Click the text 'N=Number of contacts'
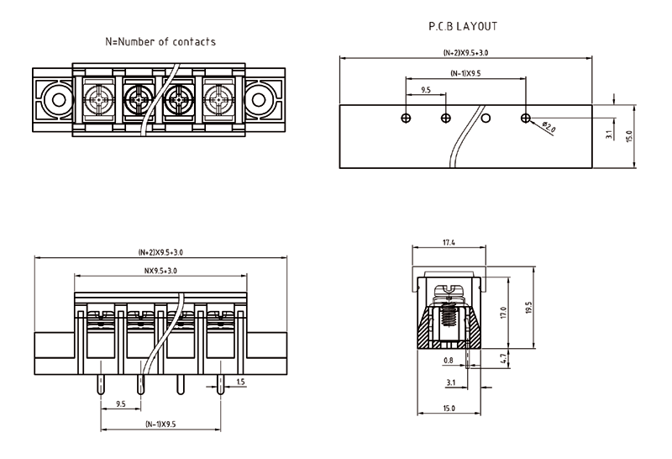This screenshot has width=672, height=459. pyautogui.click(x=160, y=41)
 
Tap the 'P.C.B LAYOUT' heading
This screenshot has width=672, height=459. pyautogui.click(x=463, y=26)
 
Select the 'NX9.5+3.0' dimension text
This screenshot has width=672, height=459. pyautogui.click(x=160, y=271)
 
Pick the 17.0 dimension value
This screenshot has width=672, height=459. pyautogui.click(x=502, y=312)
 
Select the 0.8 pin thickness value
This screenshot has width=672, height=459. pyautogui.click(x=449, y=360)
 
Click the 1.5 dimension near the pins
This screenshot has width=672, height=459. pyautogui.click(x=241, y=382)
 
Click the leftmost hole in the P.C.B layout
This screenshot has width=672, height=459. pyautogui.click(x=406, y=118)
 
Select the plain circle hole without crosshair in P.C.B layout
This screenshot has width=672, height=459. pyautogui.click(x=486, y=118)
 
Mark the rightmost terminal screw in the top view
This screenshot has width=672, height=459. pyautogui.click(x=220, y=102)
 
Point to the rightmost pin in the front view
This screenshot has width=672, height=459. pyautogui.click(x=220, y=382)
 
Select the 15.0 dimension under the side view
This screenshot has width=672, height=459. pyautogui.click(x=448, y=408)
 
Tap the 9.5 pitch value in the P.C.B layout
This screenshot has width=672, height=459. pyautogui.click(x=426, y=89)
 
